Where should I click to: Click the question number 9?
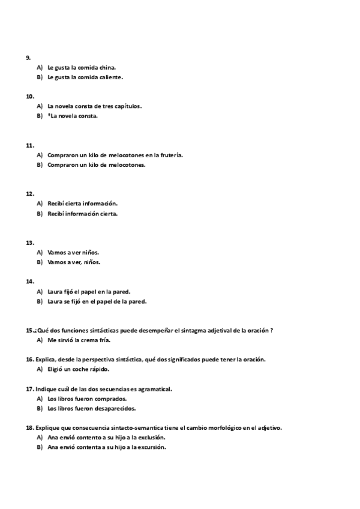28,58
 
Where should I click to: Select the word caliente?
112,77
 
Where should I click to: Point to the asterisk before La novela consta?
49,115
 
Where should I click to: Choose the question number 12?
29,194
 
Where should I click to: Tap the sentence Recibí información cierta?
82,213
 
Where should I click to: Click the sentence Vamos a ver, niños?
74,262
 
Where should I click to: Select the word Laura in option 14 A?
55,292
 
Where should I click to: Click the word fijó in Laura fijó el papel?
71,292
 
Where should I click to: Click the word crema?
90,340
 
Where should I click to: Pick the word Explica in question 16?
46,359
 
